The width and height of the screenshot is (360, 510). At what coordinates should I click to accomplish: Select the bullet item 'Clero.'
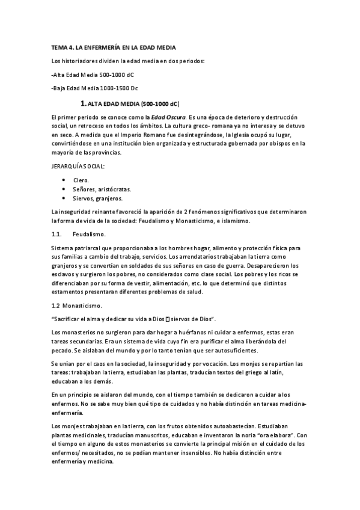(81, 180)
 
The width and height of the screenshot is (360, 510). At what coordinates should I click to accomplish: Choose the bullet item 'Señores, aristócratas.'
(102, 189)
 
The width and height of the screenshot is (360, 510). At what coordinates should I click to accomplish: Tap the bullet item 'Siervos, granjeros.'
(97, 198)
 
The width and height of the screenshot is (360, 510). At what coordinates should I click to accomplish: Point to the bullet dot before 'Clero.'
(64, 180)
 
